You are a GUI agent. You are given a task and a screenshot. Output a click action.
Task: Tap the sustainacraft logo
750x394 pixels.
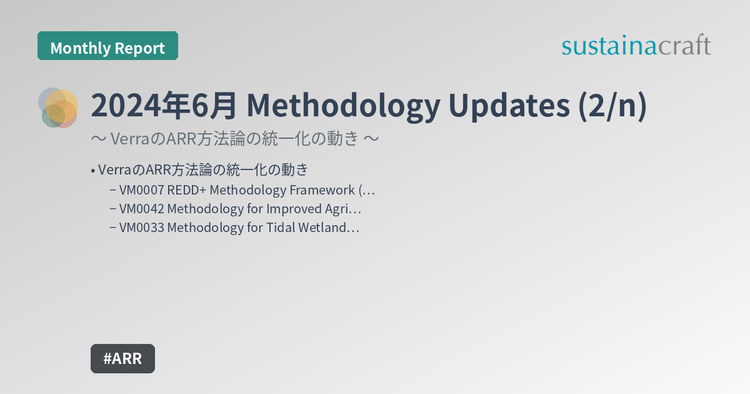point(636,46)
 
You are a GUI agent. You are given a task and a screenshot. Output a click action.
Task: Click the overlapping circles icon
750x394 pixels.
point(59,108)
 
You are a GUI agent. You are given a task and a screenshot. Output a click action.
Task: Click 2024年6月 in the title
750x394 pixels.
point(164,106)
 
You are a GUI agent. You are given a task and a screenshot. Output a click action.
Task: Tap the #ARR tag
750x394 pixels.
point(122,359)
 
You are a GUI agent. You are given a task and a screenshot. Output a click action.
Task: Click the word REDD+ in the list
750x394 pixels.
point(187,190)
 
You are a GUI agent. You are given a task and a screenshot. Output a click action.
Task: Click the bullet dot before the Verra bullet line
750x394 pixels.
point(92,171)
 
